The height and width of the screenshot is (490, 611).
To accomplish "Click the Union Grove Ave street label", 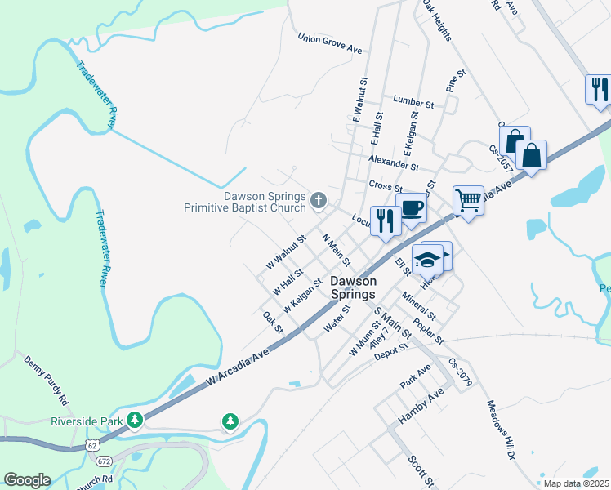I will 330,44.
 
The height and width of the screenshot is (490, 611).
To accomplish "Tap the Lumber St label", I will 413,103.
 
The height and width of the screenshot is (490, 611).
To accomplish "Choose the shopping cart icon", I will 468,199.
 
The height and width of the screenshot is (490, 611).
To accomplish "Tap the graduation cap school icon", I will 427,260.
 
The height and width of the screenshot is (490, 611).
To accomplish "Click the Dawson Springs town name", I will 353,287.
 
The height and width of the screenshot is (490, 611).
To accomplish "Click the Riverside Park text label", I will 87,421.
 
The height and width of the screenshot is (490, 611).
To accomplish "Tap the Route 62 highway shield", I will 92,443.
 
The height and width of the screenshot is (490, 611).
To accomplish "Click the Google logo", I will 27,480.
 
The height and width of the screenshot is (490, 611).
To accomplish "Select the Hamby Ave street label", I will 420,406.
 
